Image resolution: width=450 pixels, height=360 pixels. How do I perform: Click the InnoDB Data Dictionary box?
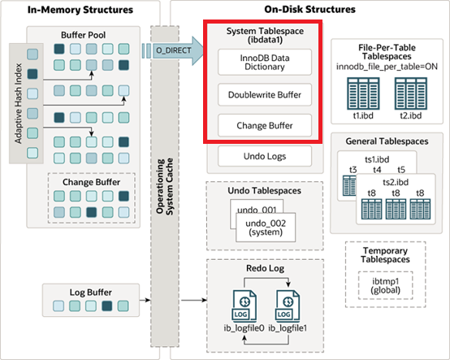(265, 62)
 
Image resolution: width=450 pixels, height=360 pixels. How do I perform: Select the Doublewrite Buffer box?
(265, 95)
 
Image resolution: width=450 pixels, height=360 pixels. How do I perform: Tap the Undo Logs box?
(265, 156)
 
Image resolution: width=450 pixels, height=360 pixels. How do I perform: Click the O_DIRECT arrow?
(173, 50)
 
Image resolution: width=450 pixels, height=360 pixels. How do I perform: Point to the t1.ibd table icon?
(363, 93)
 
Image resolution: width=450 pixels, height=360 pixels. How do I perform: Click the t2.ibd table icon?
(411, 93)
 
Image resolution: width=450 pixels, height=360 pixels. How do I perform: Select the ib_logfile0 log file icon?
(244, 306)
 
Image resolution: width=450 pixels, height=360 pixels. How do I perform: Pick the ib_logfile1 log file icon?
(288, 306)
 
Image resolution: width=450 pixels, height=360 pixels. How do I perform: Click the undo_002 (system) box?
(266, 228)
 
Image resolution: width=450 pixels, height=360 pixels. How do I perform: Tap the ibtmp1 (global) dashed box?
(386, 285)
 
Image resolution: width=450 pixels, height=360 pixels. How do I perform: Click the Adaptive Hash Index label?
(19, 103)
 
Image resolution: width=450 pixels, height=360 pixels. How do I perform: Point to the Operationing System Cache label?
(165, 186)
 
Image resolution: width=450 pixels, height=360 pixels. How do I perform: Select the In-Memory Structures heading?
(80, 10)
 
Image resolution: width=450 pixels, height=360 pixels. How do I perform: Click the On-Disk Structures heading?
(310, 9)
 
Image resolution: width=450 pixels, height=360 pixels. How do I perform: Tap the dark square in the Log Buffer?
(107, 306)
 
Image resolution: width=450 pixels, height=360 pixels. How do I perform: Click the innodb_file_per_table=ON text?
(387, 67)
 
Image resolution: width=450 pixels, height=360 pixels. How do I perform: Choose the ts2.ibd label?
(396, 182)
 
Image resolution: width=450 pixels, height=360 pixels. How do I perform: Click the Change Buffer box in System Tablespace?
(265, 125)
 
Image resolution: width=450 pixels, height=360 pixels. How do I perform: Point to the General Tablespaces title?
(387, 141)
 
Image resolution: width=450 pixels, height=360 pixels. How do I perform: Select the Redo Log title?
(265, 268)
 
